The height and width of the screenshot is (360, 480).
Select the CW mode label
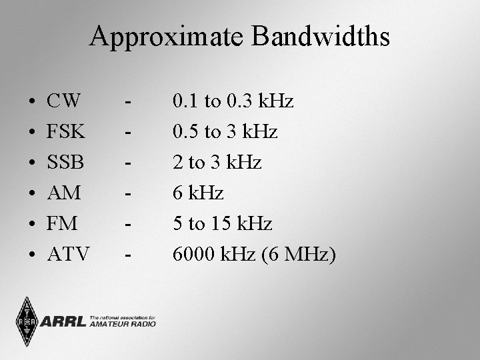(65, 102)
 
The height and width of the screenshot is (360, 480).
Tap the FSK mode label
(66, 132)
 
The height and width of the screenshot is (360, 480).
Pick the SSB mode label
(65, 163)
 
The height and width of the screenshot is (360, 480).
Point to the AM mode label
(64, 193)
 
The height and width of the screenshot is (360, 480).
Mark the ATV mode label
(68, 254)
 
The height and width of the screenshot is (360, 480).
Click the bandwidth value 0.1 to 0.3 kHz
(233, 102)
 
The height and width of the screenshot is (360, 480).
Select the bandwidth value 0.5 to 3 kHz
(225, 132)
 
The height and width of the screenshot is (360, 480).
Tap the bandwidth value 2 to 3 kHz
(217, 163)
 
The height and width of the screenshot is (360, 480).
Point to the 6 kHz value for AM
(198, 193)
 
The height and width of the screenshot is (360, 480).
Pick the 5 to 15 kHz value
(222, 223)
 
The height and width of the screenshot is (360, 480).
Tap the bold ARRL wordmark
(64, 322)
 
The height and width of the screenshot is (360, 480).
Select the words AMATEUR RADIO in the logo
(123, 324)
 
